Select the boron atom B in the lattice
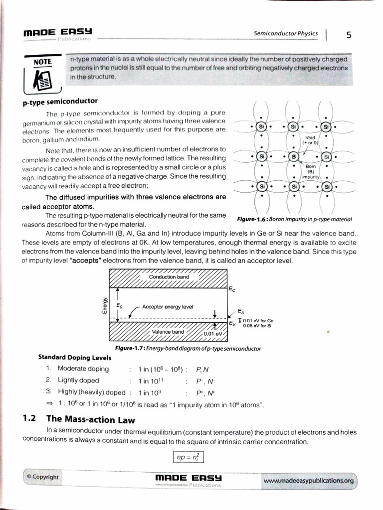(293, 157)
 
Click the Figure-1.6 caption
(295, 219)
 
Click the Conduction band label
(169, 276)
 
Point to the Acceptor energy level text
(168, 307)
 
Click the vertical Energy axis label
(104, 305)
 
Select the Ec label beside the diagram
(232, 289)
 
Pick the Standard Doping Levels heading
(75, 357)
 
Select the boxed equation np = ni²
(188, 456)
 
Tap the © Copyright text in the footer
(43, 477)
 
